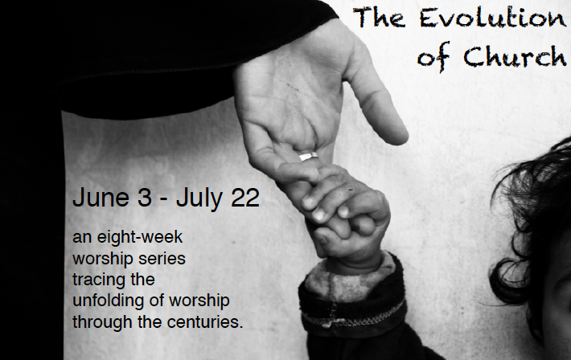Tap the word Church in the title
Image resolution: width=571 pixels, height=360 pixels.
tap(515, 56)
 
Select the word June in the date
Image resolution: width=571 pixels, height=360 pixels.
tap(101, 198)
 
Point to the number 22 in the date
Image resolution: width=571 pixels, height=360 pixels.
tap(245, 198)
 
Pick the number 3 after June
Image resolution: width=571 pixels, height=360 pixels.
tap(145, 198)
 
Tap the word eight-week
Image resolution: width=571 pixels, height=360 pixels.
tap(139, 238)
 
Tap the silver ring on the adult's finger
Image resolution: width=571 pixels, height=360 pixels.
tap(308, 156)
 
